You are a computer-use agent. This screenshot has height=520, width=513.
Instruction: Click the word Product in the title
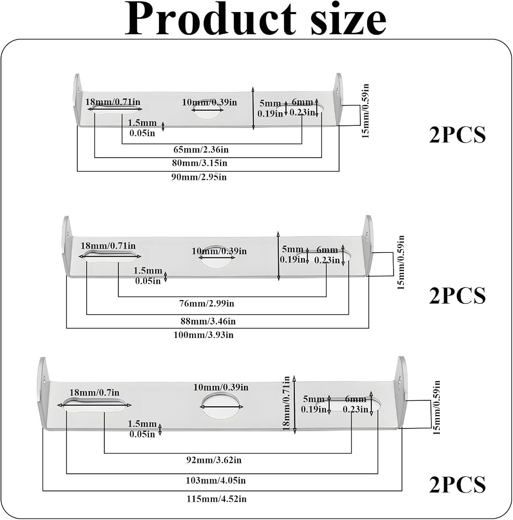click(x=210, y=20)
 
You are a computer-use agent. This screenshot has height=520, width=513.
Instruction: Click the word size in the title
click(x=348, y=20)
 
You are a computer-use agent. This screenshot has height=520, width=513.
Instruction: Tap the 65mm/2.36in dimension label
click(x=201, y=150)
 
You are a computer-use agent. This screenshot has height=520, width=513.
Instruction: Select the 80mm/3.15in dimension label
click(x=200, y=163)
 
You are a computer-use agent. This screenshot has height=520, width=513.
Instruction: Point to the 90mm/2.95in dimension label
click(x=199, y=177)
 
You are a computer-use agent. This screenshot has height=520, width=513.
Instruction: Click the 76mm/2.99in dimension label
click(x=207, y=303)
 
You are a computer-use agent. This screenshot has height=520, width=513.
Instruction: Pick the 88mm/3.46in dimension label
click(x=208, y=321)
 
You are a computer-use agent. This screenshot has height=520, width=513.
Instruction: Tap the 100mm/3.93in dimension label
click(x=204, y=334)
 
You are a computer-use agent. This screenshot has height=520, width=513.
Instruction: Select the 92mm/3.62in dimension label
click(x=213, y=460)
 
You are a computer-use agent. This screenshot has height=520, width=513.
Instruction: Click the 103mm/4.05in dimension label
click(x=215, y=480)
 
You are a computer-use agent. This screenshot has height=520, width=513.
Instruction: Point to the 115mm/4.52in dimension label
click(x=217, y=499)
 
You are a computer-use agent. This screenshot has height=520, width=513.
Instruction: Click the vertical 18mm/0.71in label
click(x=287, y=403)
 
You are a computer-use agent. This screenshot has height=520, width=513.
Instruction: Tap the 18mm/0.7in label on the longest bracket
click(x=95, y=392)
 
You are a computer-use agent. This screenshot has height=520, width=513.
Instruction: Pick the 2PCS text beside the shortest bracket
click(x=457, y=135)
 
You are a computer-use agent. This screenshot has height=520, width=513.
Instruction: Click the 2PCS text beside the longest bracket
click(x=457, y=485)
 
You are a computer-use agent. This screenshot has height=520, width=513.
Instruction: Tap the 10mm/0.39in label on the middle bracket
click(x=219, y=251)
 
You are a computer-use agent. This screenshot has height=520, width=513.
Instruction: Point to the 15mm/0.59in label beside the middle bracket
click(x=401, y=262)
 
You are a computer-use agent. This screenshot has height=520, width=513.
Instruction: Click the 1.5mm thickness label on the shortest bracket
click(x=142, y=128)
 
